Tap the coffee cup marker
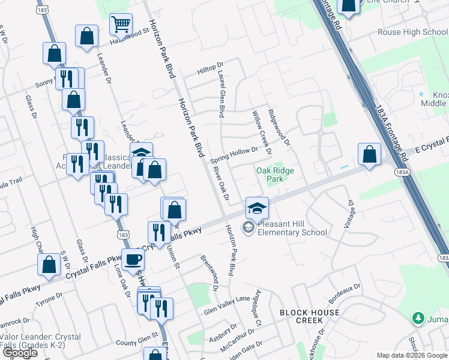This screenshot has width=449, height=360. pos(133,260)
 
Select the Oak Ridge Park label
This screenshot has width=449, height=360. pos(275,175)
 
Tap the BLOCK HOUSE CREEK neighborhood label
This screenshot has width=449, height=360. pos(309,316)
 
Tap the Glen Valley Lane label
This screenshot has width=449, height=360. pos(226,304)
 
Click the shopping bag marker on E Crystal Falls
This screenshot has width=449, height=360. pos(370,154)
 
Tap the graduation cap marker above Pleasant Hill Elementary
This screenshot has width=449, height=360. pos(257,208)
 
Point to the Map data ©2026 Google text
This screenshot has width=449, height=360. pos(411,355)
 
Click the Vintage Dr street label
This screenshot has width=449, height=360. pos(348,214)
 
